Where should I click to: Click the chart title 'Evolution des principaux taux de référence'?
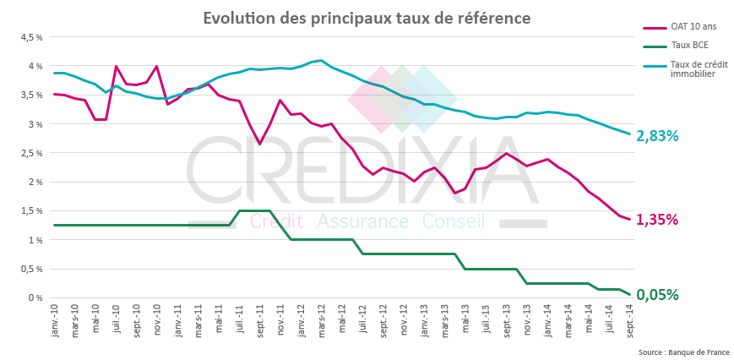[x=367, y=18]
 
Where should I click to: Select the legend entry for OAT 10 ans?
[x=688, y=27]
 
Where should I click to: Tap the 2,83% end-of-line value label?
[x=657, y=135]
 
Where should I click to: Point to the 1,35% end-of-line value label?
[x=657, y=219]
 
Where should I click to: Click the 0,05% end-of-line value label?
[x=657, y=295]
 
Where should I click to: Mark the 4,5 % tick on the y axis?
[x=31, y=37]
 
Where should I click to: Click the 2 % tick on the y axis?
[x=35, y=182]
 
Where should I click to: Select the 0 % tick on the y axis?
[x=35, y=297]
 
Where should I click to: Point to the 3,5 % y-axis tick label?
[x=31, y=95]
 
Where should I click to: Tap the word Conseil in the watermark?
[x=454, y=221]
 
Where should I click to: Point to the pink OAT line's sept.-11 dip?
[x=259, y=144]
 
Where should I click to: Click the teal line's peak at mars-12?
[x=321, y=61]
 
